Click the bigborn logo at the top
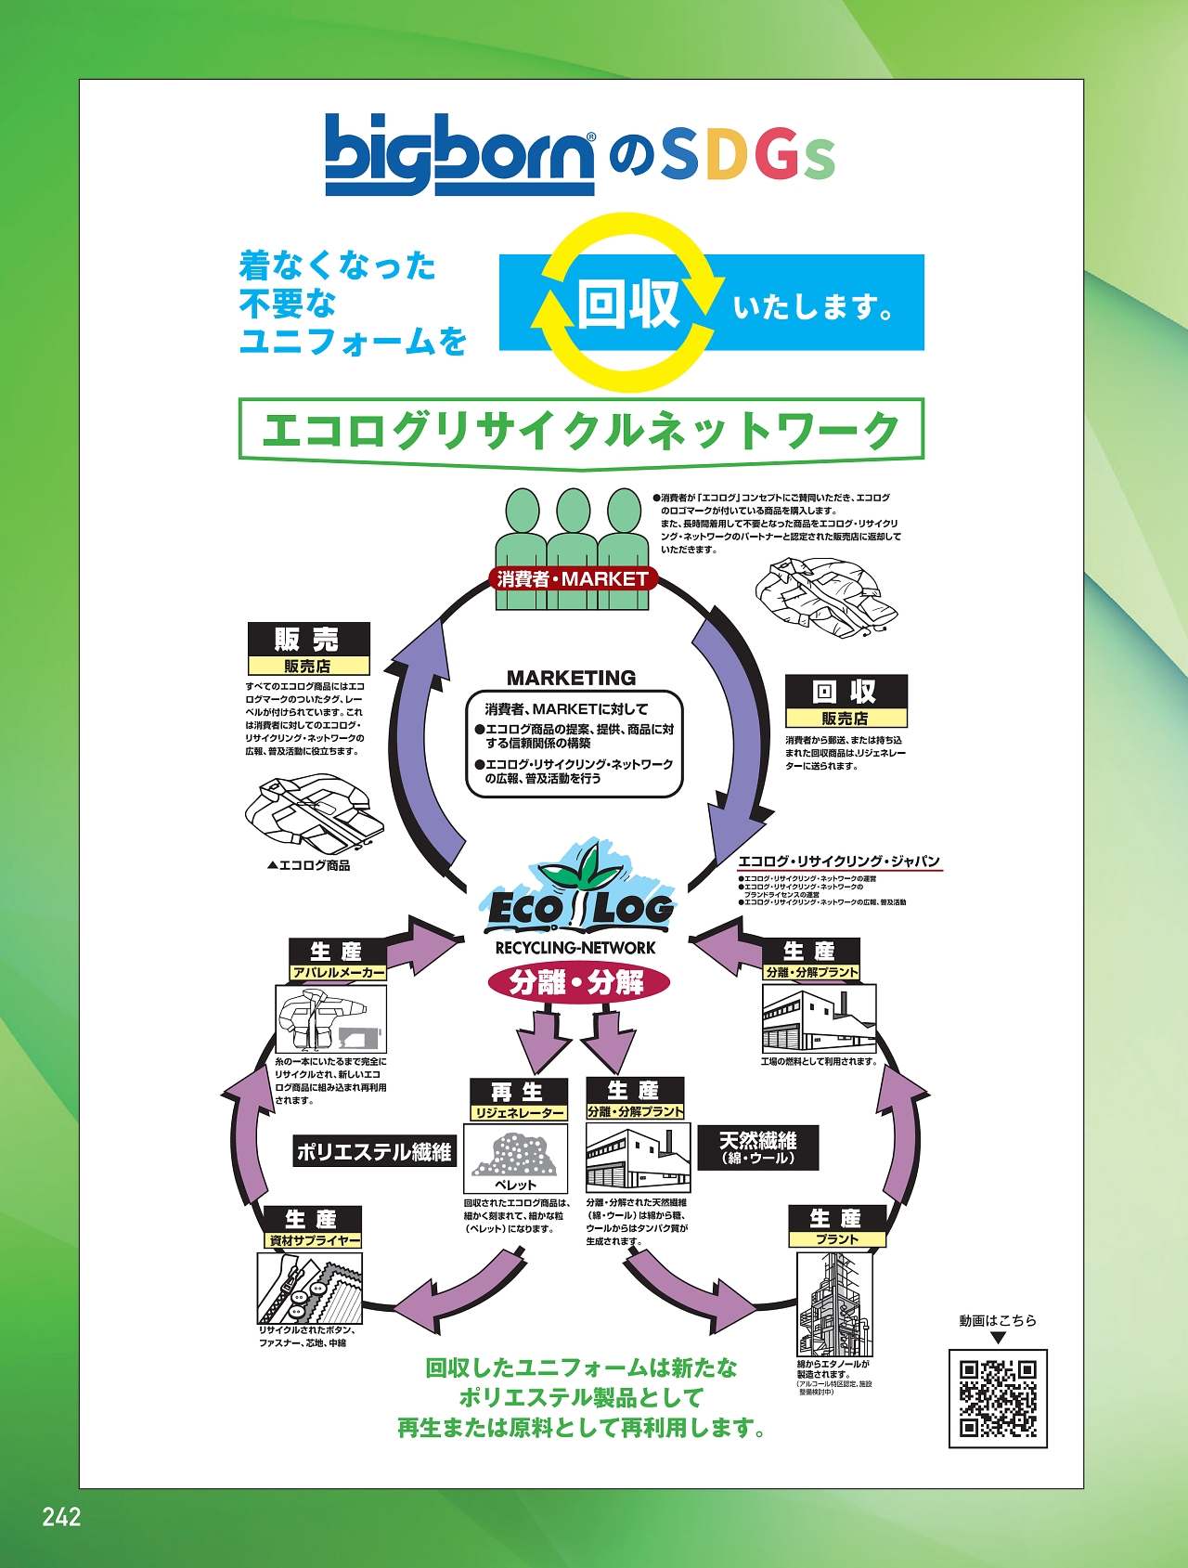click(459, 154)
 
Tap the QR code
click(998, 1398)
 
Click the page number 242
click(61, 1517)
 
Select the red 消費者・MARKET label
click(573, 579)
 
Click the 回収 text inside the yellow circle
click(628, 304)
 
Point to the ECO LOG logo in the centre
click(578, 896)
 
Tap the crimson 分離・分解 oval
click(578, 982)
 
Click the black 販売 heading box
click(308, 639)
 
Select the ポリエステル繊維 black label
click(374, 1152)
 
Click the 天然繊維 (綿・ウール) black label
click(758, 1148)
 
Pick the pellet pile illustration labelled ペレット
click(516, 1154)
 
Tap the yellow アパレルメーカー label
click(338, 973)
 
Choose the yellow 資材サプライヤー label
click(313, 1241)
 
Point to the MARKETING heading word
click(572, 678)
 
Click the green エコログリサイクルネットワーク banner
click(581, 430)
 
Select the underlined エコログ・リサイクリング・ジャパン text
click(839, 862)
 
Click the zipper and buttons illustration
click(310, 1289)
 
